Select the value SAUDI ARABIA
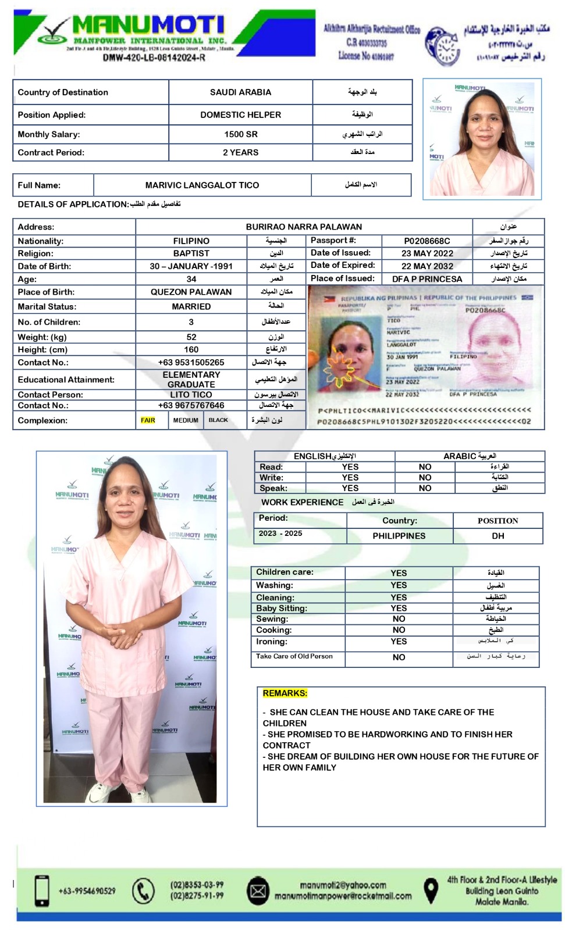click(x=240, y=92)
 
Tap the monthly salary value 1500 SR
click(x=240, y=134)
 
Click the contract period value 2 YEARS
click(x=240, y=152)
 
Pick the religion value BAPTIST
click(x=191, y=253)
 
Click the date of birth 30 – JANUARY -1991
click(x=191, y=266)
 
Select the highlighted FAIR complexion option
click(x=148, y=420)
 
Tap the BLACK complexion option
click(x=218, y=420)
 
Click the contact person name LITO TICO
click(x=191, y=395)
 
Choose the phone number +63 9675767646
click(x=191, y=405)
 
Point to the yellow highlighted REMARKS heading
click(x=285, y=693)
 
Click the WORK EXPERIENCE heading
click(x=302, y=502)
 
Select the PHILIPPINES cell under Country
click(x=399, y=536)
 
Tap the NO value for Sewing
click(x=399, y=619)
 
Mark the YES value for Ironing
click(x=399, y=642)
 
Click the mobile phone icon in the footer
click(x=42, y=890)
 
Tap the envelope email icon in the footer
click(x=258, y=891)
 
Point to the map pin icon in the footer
click(x=430, y=890)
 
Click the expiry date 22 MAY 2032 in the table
click(x=427, y=266)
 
